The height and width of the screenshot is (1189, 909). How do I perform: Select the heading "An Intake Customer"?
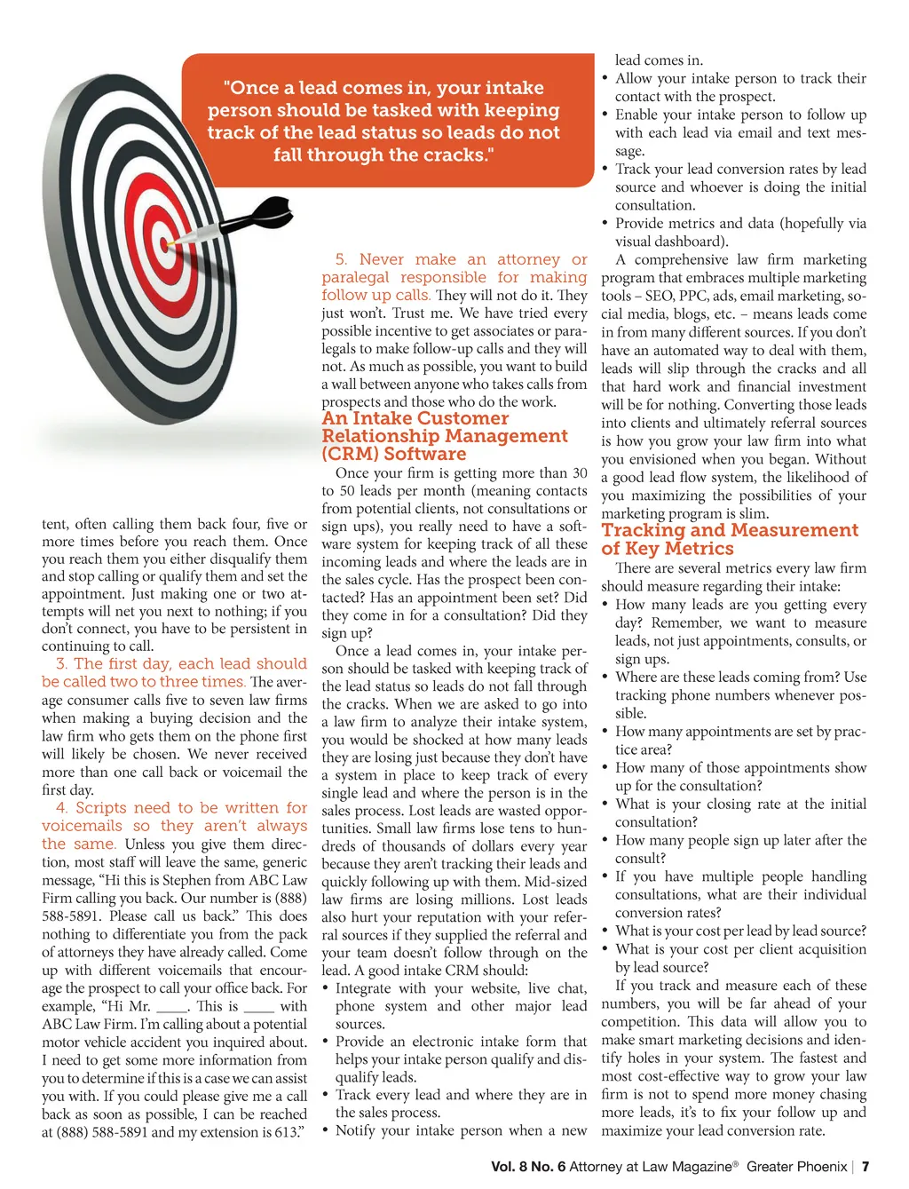(x=415, y=418)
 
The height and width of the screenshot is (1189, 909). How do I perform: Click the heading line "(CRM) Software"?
(x=393, y=454)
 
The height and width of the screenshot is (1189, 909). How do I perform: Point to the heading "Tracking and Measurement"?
(x=730, y=530)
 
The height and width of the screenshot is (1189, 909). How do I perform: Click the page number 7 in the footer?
(x=866, y=1167)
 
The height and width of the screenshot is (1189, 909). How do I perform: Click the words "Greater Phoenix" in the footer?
(x=796, y=1167)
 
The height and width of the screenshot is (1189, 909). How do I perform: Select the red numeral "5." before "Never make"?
(x=341, y=259)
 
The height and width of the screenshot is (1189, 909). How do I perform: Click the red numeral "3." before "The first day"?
(x=61, y=663)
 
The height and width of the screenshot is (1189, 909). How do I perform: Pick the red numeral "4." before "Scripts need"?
(x=61, y=808)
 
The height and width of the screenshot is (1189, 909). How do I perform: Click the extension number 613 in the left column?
(x=285, y=1132)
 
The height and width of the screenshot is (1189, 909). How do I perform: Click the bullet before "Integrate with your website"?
(x=326, y=988)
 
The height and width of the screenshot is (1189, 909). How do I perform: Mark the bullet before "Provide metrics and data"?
(x=605, y=224)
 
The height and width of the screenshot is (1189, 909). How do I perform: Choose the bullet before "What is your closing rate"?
(x=605, y=804)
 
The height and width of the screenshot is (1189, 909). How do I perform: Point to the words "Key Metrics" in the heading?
(x=678, y=549)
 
